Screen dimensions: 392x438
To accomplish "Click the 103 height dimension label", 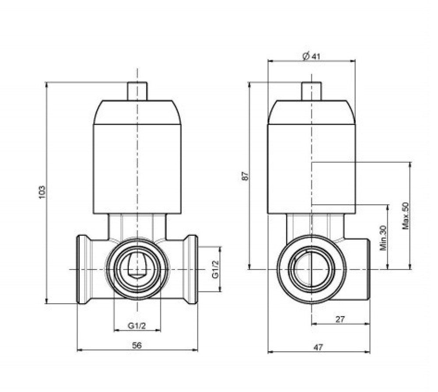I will (42, 192).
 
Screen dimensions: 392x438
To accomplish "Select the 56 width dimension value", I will (137, 345).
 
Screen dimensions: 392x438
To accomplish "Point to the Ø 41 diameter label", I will (311, 56).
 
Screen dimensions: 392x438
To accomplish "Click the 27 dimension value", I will (340, 319).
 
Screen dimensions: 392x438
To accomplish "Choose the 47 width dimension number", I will (318, 347).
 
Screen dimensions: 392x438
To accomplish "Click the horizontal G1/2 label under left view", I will (137, 325).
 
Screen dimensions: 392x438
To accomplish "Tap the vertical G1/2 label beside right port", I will (215, 269).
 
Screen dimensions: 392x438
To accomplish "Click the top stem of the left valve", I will (137, 91).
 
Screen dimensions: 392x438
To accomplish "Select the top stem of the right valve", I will (311, 91).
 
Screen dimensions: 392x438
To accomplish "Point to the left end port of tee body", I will (83, 269).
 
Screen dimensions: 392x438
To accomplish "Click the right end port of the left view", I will (191, 269).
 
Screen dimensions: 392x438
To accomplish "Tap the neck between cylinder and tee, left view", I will (137, 226).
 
